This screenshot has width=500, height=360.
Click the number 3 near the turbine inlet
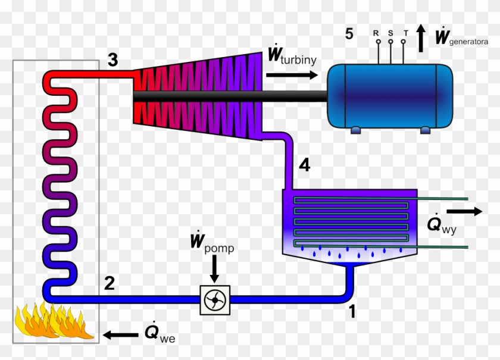(113, 60)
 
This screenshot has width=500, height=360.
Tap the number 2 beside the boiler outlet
(109, 283)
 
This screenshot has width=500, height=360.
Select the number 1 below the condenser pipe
(352, 311)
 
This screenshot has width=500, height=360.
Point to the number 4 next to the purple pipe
(304, 166)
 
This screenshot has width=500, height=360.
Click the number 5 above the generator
(349, 34)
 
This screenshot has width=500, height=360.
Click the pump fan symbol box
(214, 301)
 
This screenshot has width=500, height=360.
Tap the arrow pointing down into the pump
(214, 271)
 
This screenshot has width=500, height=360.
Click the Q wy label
(441, 225)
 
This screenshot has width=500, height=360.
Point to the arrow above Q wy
(464, 211)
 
